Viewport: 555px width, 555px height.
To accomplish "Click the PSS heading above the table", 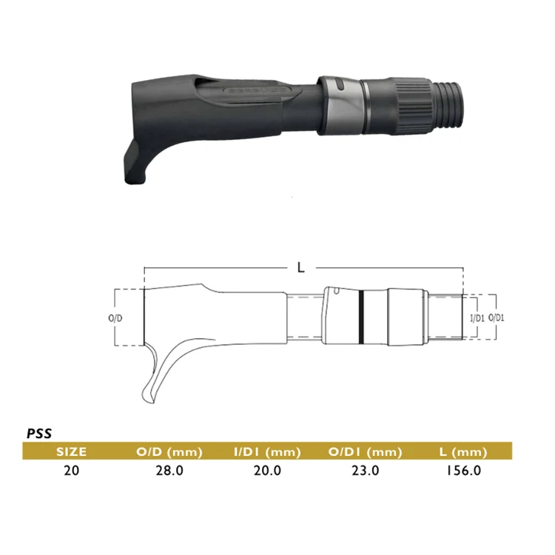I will pyautogui.click(x=38, y=434).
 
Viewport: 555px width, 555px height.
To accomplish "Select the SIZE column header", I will pyautogui.click(x=72, y=451).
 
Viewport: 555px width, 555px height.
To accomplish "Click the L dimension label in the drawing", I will pyautogui.click(x=300, y=269).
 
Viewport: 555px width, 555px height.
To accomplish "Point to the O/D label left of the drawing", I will pyautogui.click(x=115, y=317).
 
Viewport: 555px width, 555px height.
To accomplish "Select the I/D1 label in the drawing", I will pyautogui.click(x=477, y=317).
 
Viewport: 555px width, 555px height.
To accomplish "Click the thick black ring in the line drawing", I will pyautogui.click(x=360, y=317).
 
